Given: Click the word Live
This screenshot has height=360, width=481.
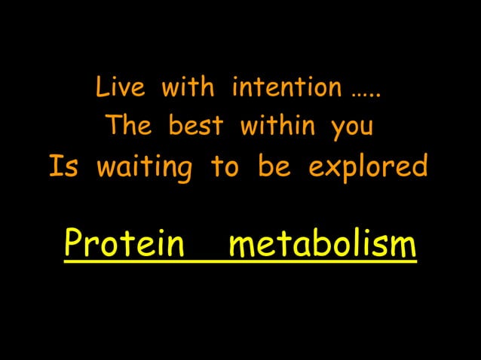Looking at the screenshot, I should point(120,89).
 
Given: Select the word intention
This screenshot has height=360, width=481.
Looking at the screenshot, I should point(286,89).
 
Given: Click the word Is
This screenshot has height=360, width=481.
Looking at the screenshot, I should point(63,166).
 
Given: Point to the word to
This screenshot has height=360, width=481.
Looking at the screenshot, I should point(224,166).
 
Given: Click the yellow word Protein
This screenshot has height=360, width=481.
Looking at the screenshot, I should point(124,244).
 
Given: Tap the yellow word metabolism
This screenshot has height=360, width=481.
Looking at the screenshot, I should point(322,244).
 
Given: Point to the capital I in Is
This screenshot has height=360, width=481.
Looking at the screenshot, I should point(54,166).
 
